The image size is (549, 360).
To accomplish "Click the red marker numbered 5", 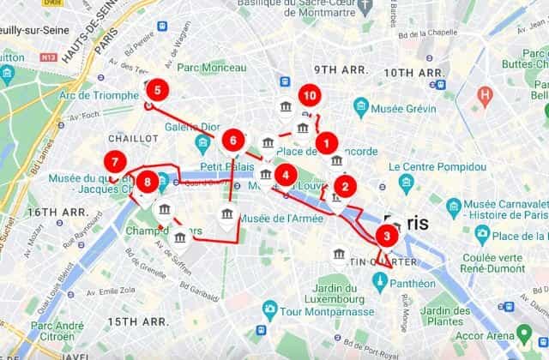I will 156,88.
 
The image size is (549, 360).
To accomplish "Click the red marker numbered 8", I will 149,182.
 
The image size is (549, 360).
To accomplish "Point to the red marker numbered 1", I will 325,142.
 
